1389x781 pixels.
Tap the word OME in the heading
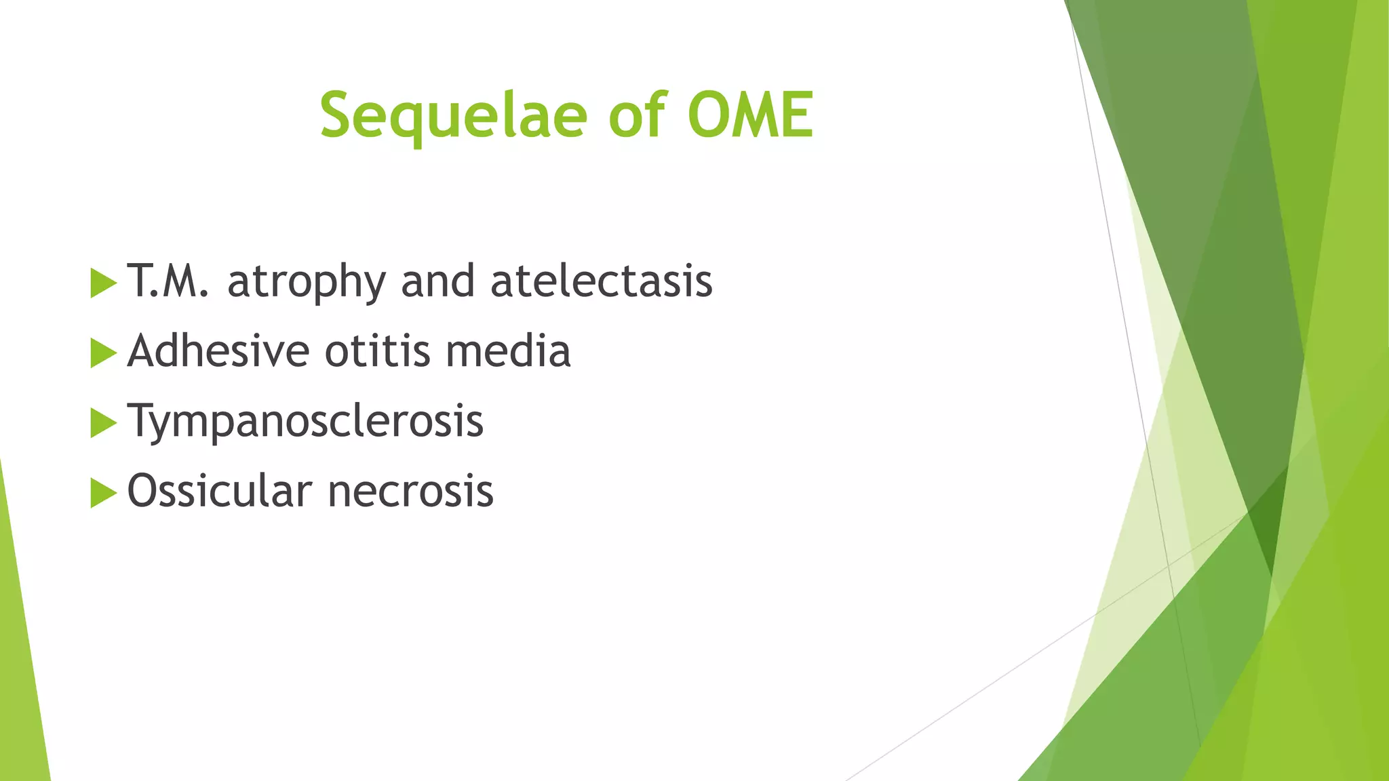click(x=750, y=115)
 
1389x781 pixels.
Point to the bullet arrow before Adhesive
click(x=102, y=353)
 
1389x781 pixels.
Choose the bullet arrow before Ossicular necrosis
click(x=102, y=492)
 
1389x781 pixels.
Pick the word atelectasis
click(x=602, y=281)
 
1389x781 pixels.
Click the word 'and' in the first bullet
click(x=437, y=281)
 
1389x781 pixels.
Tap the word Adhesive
click(x=218, y=351)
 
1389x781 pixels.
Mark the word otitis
click(x=378, y=351)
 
